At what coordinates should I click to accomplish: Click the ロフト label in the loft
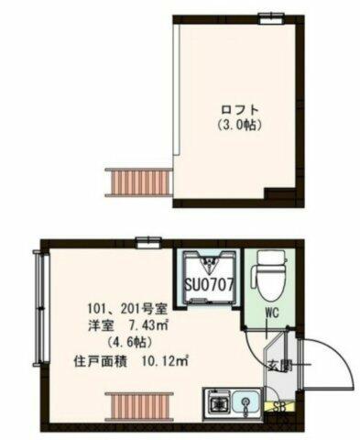(240, 110)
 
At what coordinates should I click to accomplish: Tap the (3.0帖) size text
(240, 126)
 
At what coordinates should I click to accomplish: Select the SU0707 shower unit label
(209, 285)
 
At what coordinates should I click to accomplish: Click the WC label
(272, 313)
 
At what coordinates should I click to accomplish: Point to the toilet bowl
(269, 277)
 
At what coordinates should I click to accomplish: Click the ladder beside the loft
(139, 182)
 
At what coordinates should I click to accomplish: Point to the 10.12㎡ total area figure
(164, 362)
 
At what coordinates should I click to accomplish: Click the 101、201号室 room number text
(127, 310)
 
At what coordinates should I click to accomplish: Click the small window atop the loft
(271, 18)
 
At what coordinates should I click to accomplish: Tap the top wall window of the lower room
(148, 243)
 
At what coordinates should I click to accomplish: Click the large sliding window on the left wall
(41, 308)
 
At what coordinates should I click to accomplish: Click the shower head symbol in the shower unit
(210, 263)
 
